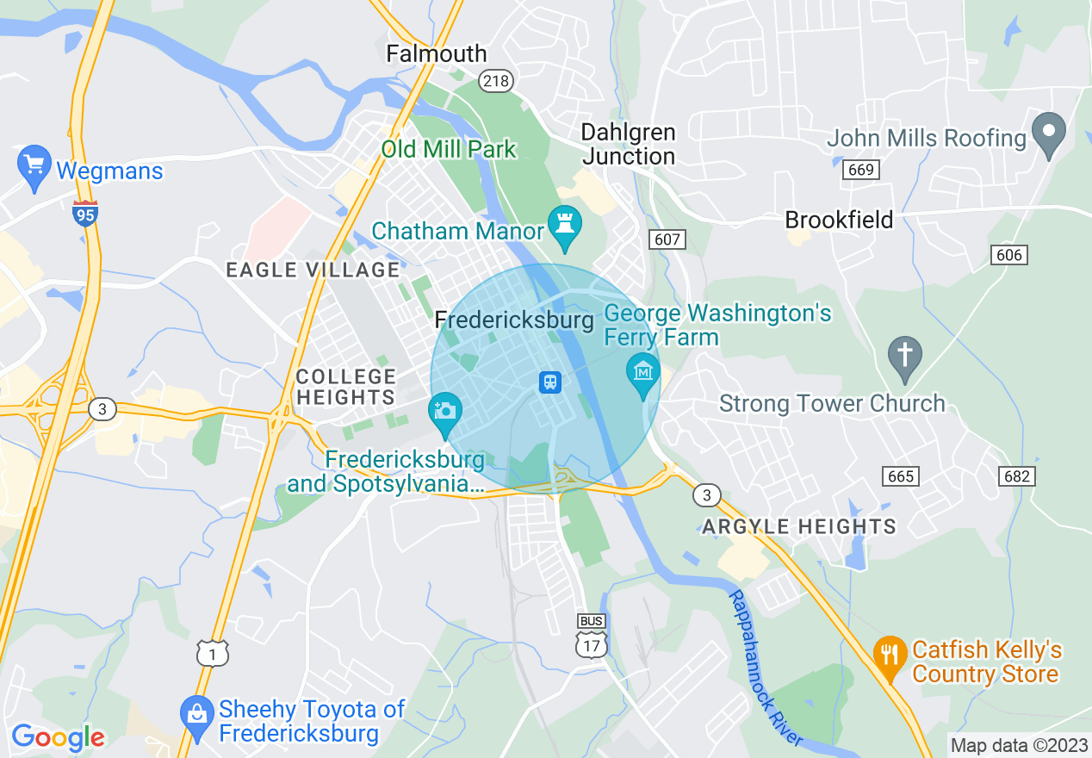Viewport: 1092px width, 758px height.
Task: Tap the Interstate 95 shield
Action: click(84, 213)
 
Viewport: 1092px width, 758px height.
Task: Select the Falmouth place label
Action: click(436, 53)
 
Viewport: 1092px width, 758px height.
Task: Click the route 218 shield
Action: click(497, 81)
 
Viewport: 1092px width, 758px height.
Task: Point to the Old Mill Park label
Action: click(449, 149)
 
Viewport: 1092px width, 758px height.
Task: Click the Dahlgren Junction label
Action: click(628, 144)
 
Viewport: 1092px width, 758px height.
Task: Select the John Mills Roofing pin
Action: click(1048, 134)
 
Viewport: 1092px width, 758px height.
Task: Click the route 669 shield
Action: click(860, 170)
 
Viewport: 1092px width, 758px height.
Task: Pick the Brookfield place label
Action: click(839, 220)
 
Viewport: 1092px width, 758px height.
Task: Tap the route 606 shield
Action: click(1008, 255)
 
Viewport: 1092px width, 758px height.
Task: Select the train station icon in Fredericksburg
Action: click(550, 382)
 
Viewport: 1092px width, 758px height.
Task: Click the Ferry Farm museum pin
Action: click(642, 372)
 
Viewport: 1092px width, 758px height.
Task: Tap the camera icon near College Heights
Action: click(445, 410)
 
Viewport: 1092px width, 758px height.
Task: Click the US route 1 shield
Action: click(212, 653)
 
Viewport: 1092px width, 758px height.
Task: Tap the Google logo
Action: click(58, 737)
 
